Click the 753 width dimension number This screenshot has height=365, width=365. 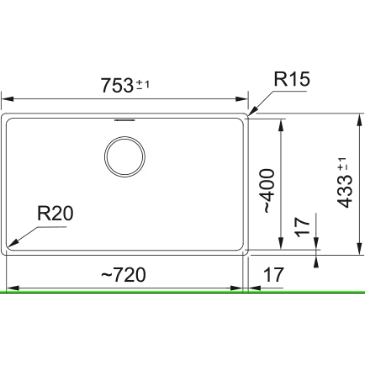(x=117, y=86)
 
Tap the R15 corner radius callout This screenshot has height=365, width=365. (x=292, y=79)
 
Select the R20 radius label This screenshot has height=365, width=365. (x=56, y=214)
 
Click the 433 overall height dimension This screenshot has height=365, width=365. (x=344, y=192)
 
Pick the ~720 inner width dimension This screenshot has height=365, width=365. (x=124, y=275)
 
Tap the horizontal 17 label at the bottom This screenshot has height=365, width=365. (x=274, y=275)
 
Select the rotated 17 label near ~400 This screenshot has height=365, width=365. (x=303, y=227)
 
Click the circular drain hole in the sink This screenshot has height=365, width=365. (x=124, y=156)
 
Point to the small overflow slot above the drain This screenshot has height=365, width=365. (x=124, y=120)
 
